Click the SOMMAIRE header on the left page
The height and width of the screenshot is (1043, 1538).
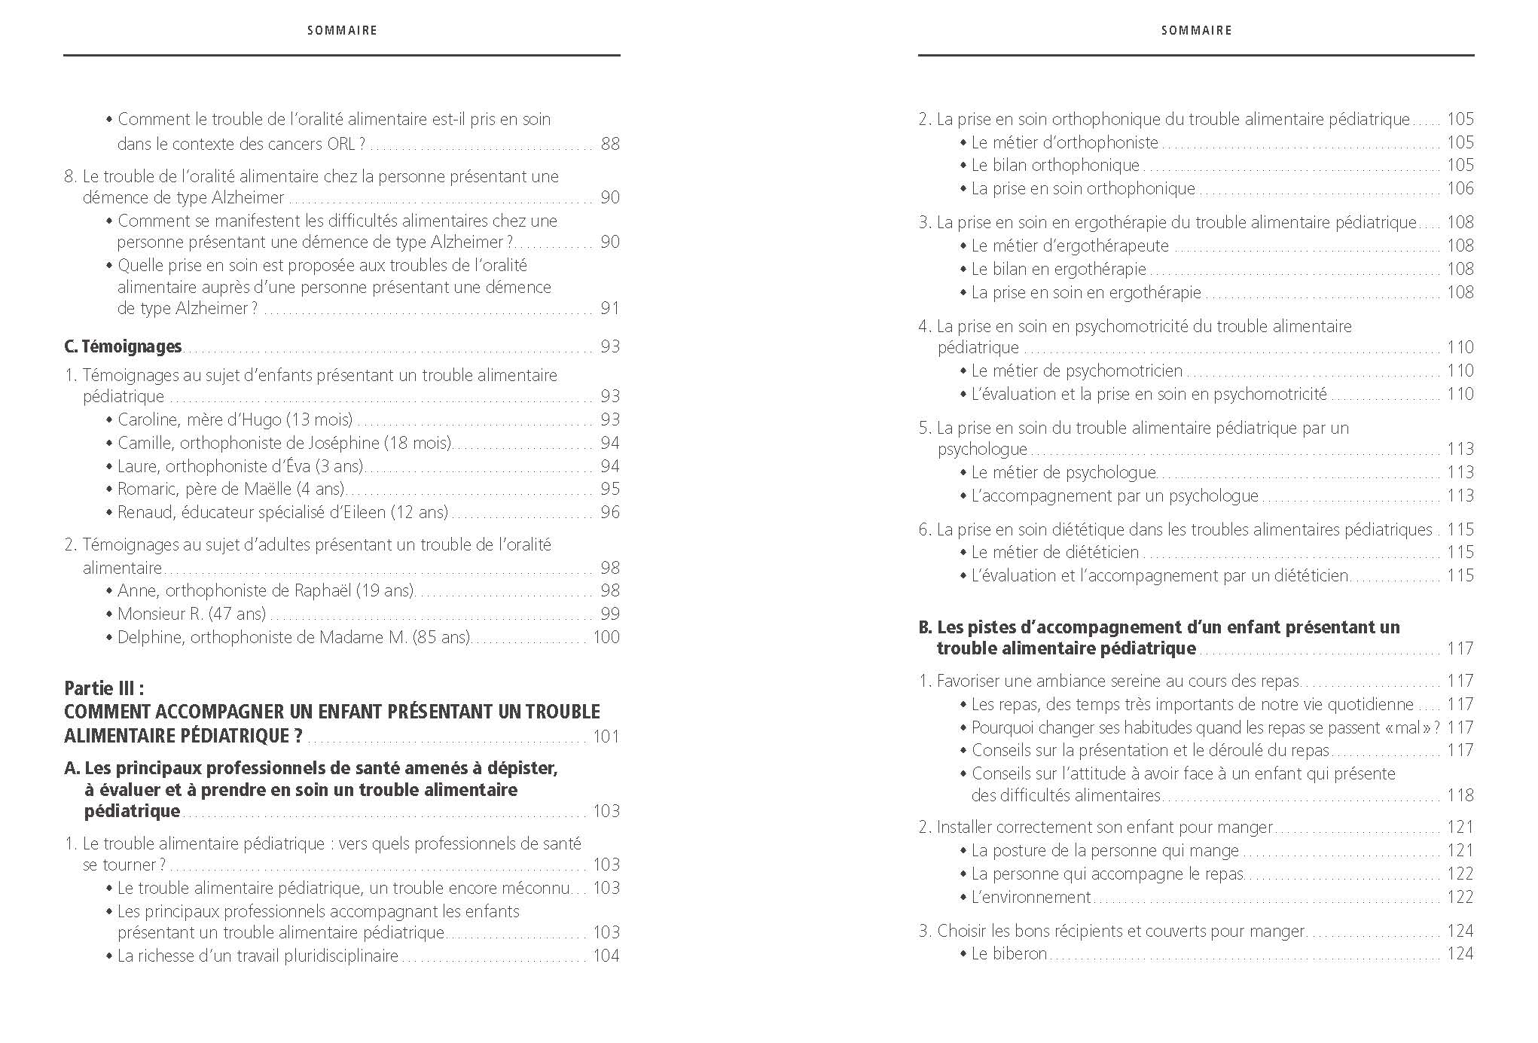point(342,31)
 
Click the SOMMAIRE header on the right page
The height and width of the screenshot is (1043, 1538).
point(1196,31)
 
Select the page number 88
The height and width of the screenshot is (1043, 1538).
point(610,143)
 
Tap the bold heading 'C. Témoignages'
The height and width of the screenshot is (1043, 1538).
point(124,346)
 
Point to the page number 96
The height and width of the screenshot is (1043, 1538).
point(610,512)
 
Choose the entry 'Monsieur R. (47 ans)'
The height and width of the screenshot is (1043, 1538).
point(191,614)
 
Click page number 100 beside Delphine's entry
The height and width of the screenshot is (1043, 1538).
point(606,637)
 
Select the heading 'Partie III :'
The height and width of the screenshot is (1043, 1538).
point(104,688)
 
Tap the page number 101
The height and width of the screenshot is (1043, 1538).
point(606,737)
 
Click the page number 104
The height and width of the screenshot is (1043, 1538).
point(606,956)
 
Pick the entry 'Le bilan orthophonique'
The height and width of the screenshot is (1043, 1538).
point(1055,165)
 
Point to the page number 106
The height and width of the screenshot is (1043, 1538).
point(1460,188)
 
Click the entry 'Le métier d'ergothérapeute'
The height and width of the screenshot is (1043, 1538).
point(1070,246)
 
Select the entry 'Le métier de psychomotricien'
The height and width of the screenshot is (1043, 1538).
point(1076,371)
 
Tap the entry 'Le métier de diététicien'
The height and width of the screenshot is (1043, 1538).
point(1054,552)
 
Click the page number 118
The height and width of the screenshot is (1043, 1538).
point(1460,794)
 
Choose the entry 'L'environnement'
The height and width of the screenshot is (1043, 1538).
point(1030,897)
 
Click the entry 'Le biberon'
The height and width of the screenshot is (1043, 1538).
point(1009,953)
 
